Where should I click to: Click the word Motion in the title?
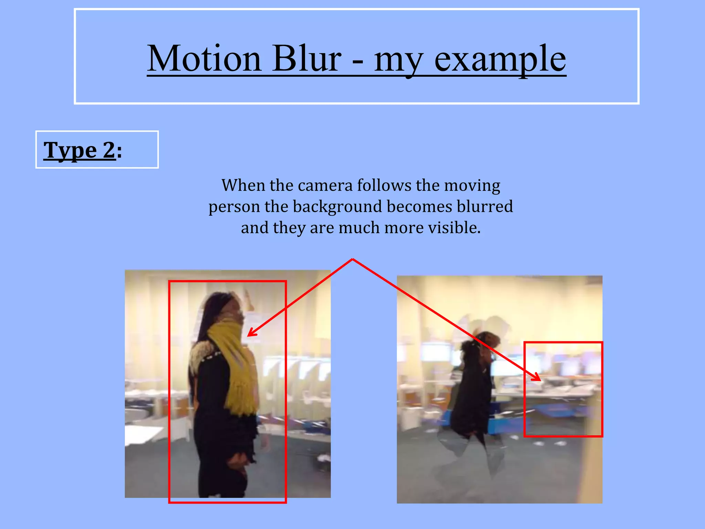click(x=204, y=59)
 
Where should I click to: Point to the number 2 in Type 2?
click(x=109, y=150)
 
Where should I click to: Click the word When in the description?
click(x=243, y=185)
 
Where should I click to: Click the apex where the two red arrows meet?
click(x=352, y=259)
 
